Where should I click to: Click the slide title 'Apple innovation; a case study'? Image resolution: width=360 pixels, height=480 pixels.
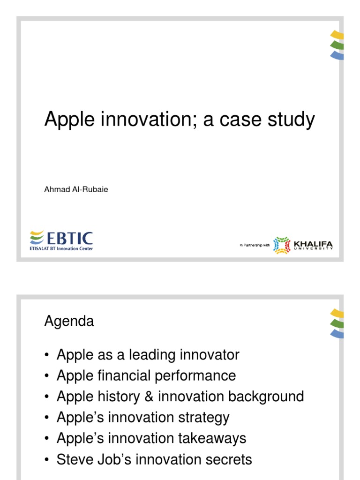click(180, 120)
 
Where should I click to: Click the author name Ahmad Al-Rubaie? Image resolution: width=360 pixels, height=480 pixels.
click(76, 190)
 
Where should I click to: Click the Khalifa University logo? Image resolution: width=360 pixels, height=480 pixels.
click(303, 245)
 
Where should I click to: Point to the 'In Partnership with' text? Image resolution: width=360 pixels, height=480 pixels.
click(255, 245)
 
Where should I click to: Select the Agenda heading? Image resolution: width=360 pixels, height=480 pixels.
click(69, 322)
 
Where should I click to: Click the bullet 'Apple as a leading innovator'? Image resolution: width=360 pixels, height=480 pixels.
click(148, 355)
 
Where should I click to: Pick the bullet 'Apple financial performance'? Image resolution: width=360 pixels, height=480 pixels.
click(146, 375)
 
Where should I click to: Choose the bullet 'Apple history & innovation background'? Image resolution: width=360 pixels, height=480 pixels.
click(180, 397)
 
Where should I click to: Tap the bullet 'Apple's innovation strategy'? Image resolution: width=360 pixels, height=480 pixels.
click(143, 417)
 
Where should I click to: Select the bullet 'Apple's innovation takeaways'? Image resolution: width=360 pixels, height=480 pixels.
click(151, 438)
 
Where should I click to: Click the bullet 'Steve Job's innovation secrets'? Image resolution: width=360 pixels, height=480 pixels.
click(154, 459)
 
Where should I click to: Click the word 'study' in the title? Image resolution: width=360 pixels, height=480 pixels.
click(292, 120)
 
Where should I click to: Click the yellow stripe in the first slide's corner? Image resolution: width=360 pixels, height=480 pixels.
click(337, 35)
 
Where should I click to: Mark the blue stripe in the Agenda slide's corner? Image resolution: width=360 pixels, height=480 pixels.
click(337, 334)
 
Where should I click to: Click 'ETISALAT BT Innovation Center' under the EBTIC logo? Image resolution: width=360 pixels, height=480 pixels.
click(61, 248)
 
